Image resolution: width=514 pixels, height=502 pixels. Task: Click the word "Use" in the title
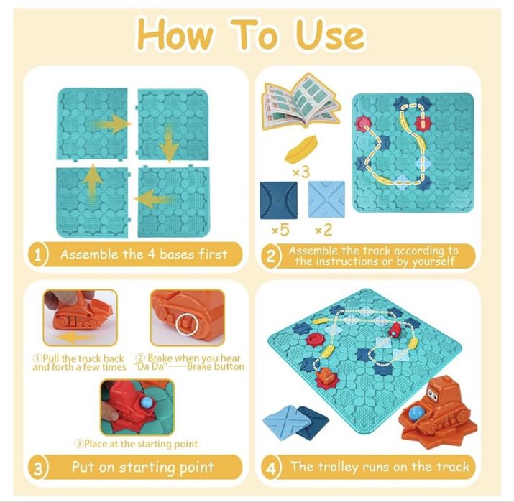click(x=331, y=35)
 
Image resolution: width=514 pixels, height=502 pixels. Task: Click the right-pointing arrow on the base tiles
click(x=112, y=124)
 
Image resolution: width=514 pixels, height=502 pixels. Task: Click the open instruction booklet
click(x=301, y=101)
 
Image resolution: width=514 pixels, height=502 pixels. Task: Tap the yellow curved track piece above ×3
click(x=302, y=149)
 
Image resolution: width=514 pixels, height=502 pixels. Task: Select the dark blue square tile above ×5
click(x=279, y=200)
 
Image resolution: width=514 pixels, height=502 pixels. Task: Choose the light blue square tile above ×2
click(x=326, y=200)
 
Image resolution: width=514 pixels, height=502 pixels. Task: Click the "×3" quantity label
click(x=301, y=172)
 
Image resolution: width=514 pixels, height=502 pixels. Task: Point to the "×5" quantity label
click(x=281, y=230)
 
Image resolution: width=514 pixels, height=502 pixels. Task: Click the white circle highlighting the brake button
click(x=186, y=325)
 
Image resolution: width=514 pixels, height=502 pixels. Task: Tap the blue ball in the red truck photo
click(x=146, y=402)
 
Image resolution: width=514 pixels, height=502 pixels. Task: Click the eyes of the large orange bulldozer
click(x=432, y=394)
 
